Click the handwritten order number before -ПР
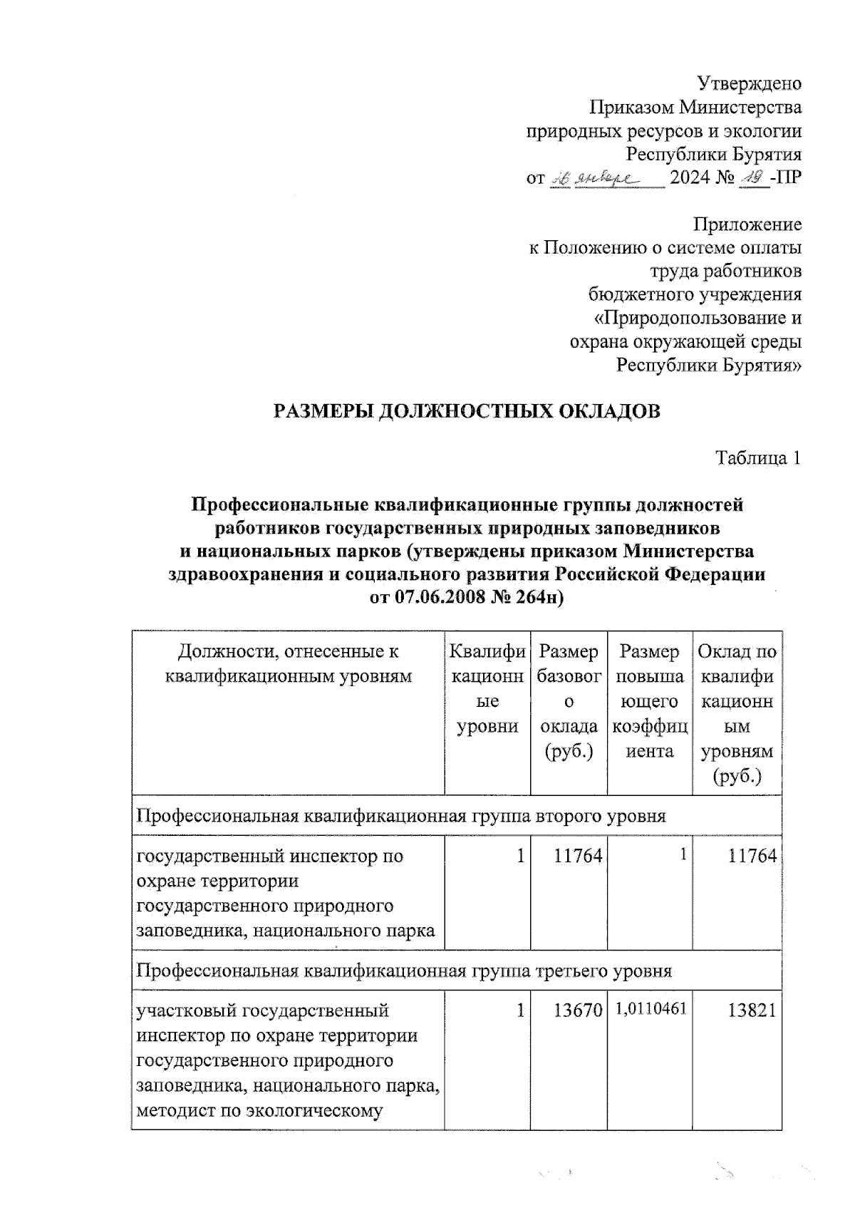[754, 177]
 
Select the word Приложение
[747, 224]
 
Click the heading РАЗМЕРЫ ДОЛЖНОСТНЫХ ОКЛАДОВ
[467, 411]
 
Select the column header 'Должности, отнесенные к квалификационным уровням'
[288, 663]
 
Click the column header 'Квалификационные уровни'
[487, 689]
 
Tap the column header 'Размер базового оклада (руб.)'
[569, 701]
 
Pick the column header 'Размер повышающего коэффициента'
[649, 701]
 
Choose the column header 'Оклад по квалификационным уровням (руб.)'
[737, 713]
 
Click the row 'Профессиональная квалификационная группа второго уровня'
[401, 816]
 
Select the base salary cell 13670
[578, 1010]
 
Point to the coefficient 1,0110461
[649, 1009]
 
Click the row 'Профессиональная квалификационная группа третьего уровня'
[404, 971]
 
